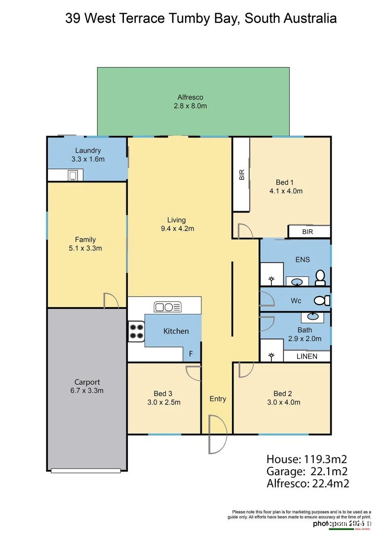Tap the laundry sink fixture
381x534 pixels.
pyautogui.click(x=73, y=175)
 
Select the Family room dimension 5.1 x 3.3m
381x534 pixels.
pyautogui.click(x=85, y=248)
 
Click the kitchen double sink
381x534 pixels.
pyautogui.click(x=168, y=307)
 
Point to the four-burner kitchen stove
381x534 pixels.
pyautogui.click(x=136, y=332)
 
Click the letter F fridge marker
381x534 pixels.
pyautogui.click(x=191, y=355)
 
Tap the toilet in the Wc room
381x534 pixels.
pyautogui.click(x=322, y=300)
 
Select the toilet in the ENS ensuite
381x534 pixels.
pyautogui.click(x=320, y=278)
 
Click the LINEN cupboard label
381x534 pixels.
pyautogui.click(x=306, y=356)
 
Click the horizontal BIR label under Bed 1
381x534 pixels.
pyautogui.click(x=308, y=231)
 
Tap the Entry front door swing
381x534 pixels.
pyautogui.click(x=216, y=434)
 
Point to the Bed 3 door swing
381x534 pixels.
pyautogui.click(x=192, y=372)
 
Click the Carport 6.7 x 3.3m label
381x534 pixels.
pyautogui.click(x=87, y=386)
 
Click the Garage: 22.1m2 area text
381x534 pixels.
pyautogui.click(x=306, y=471)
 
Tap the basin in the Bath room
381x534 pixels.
pyautogui.click(x=312, y=316)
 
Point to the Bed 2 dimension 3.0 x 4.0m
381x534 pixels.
pyautogui.click(x=283, y=402)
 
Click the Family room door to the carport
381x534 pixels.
pyautogui.click(x=111, y=300)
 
